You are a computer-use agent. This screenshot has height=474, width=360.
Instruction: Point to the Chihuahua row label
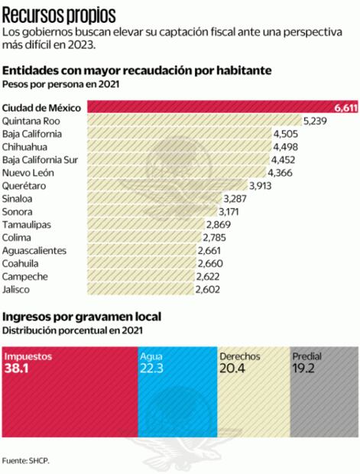(x=24, y=147)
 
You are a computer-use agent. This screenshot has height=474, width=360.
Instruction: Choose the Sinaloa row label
(x=19, y=199)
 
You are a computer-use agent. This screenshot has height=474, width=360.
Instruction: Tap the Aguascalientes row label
(x=34, y=250)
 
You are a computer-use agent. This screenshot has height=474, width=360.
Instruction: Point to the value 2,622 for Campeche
(x=209, y=276)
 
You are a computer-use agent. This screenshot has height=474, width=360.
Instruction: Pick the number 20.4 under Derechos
(x=234, y=370)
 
